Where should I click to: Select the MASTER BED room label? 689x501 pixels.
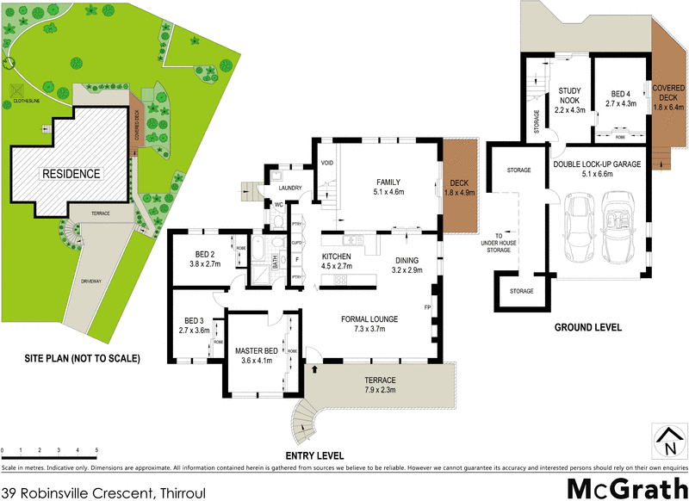point(259,350)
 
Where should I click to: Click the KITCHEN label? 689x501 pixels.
point(338,257)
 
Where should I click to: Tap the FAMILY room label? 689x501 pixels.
point(389,182)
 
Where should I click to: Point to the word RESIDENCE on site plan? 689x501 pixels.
point(72,174)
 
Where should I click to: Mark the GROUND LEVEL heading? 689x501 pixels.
point(587,328)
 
